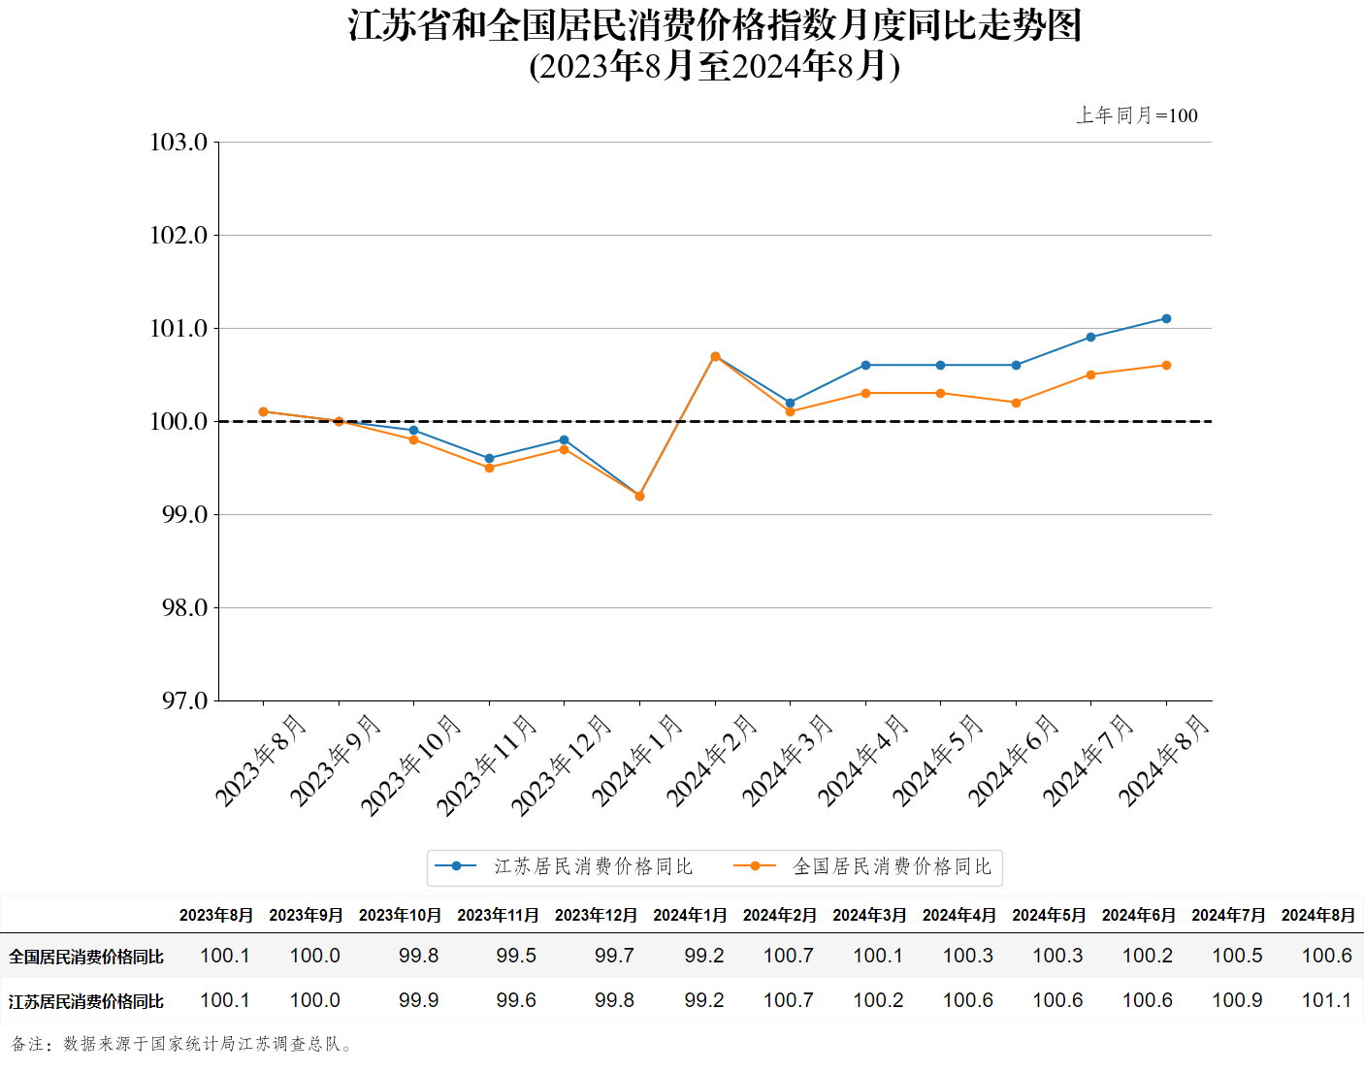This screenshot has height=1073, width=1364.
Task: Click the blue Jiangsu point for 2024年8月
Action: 1166,319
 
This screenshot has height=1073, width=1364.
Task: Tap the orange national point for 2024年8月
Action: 1166,366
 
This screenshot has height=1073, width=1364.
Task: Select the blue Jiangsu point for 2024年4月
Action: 865,366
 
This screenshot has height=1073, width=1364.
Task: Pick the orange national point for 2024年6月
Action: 1016,403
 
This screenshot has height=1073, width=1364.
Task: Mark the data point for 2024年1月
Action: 639,496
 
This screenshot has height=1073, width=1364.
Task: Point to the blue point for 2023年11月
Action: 489,459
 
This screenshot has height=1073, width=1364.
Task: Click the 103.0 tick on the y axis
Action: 179,143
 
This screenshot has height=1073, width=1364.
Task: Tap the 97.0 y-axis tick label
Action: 184,701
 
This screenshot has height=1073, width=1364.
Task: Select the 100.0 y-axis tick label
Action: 179,422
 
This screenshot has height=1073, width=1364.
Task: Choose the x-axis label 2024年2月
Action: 711,761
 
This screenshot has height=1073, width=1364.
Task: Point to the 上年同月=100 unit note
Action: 1137,115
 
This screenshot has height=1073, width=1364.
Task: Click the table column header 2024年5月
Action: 1049,915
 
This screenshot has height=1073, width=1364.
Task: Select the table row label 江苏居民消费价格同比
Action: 86,1001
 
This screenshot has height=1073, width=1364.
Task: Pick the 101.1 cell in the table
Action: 1326,1000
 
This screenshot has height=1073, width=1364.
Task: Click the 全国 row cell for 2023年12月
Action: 614,956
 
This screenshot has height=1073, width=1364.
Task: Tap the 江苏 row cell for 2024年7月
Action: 1237,1000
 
